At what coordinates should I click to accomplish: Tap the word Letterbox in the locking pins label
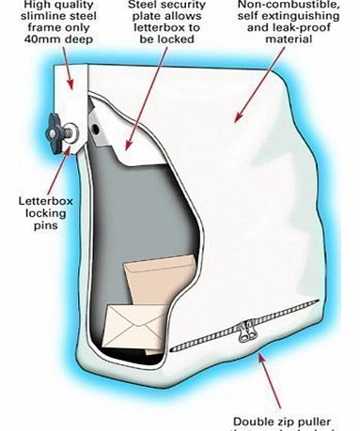point(43,200)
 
